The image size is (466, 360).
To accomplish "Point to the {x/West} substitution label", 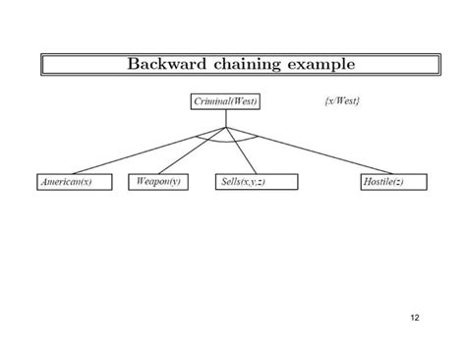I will coord(341,101).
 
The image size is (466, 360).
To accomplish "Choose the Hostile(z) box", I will coord(385,183).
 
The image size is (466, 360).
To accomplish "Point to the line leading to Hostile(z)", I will coord(310,151).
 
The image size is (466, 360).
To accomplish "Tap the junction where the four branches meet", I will coord(226,127).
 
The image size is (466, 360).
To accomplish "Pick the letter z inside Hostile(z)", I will coord(401,183).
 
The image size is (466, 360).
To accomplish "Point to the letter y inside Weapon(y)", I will coord(176,183).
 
